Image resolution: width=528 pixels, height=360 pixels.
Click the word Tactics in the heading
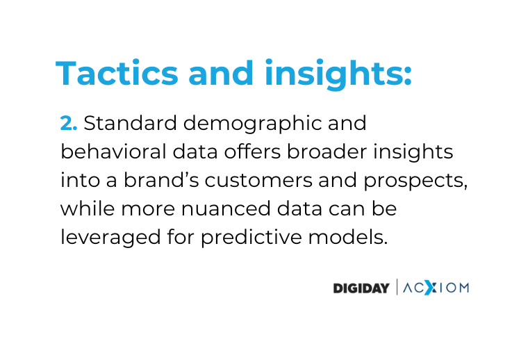tap(117, 73)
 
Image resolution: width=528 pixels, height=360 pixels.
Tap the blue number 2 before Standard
tap(66, 123)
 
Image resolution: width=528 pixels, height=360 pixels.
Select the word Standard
tap(131, 123)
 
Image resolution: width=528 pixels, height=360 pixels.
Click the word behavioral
tap(113, 152)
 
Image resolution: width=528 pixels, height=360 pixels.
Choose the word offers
tap(253, 152)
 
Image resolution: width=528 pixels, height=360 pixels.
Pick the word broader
tap(327, 152)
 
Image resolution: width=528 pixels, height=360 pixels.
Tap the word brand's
tap(161, 180)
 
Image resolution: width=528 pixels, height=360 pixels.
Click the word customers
tap(258, 181)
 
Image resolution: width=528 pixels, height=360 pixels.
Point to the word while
tap(88, 208)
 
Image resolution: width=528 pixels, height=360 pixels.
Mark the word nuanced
tap(226, 208)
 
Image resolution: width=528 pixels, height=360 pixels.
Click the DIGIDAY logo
tap(361, 288)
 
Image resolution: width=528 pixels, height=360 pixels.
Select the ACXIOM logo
tap(436, 288)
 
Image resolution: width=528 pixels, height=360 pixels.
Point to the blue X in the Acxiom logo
tap(429, 288)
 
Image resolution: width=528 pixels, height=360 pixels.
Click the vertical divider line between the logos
tap(397, 287)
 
